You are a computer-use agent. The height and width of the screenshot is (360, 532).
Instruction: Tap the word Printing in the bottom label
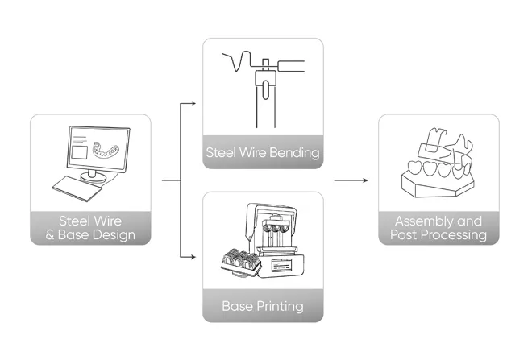280,306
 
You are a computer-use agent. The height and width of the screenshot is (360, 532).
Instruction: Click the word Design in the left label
114,235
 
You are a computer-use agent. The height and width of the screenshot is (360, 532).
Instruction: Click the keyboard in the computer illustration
77,188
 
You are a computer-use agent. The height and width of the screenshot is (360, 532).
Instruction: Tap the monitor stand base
93,177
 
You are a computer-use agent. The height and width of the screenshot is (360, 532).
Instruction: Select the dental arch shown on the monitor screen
106,150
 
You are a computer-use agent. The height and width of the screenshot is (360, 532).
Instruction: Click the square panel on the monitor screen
79,152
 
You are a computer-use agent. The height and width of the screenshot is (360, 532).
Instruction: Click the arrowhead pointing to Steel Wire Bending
193,103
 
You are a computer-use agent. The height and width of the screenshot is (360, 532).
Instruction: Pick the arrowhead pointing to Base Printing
193,257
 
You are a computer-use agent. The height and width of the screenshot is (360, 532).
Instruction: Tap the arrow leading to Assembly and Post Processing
351,180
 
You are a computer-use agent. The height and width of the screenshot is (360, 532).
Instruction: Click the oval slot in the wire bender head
266,90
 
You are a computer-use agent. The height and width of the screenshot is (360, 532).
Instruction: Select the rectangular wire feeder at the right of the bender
291,66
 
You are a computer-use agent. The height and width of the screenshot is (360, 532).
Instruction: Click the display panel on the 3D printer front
281,265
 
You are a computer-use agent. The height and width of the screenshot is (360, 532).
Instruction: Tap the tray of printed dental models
241,262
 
